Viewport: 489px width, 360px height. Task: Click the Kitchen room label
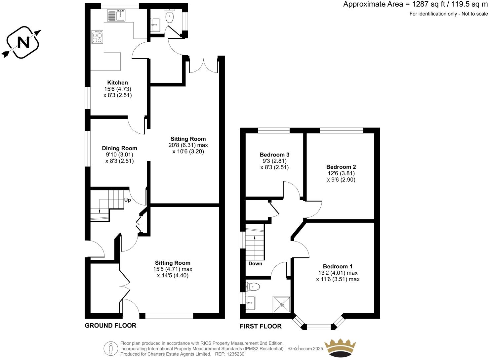117,83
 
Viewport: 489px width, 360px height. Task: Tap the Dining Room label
119,148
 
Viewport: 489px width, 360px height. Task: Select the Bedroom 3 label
274,155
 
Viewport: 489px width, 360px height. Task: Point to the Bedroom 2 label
341,167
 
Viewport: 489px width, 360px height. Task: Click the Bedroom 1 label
338,266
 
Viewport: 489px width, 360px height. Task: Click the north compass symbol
23,42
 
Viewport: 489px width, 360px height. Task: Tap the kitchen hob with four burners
97,37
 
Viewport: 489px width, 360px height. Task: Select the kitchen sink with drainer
116,15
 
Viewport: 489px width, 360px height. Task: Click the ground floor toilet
170,17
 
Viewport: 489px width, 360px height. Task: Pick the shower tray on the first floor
281,304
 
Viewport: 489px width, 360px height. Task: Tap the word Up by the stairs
127,200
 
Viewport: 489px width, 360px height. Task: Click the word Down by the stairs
255,263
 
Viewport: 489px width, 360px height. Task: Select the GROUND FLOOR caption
110,325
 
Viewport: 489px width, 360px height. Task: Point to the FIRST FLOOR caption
261,326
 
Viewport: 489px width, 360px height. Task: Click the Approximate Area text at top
415,4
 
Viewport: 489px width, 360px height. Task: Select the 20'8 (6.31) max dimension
188,145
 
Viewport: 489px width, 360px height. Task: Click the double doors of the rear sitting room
204,66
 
